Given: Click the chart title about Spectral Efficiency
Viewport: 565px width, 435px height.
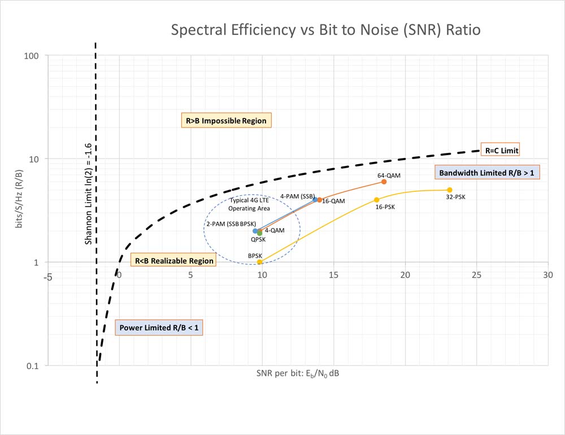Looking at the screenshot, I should (x=326, y=30).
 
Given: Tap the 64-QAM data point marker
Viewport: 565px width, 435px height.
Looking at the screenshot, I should (x=384, y=182).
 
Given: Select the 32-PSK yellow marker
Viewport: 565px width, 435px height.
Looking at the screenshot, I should (x=450, y=190).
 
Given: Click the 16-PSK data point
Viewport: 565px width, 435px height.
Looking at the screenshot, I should (x=377, y=200).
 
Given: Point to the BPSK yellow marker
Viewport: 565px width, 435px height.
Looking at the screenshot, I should (x=259, y=262).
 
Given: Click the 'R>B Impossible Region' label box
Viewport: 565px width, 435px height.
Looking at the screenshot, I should (x=226, y=121).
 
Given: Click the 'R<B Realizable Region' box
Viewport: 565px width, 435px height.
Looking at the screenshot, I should (x=173, y=261).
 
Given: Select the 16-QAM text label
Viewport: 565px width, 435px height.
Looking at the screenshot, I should (x=333, y=201).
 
